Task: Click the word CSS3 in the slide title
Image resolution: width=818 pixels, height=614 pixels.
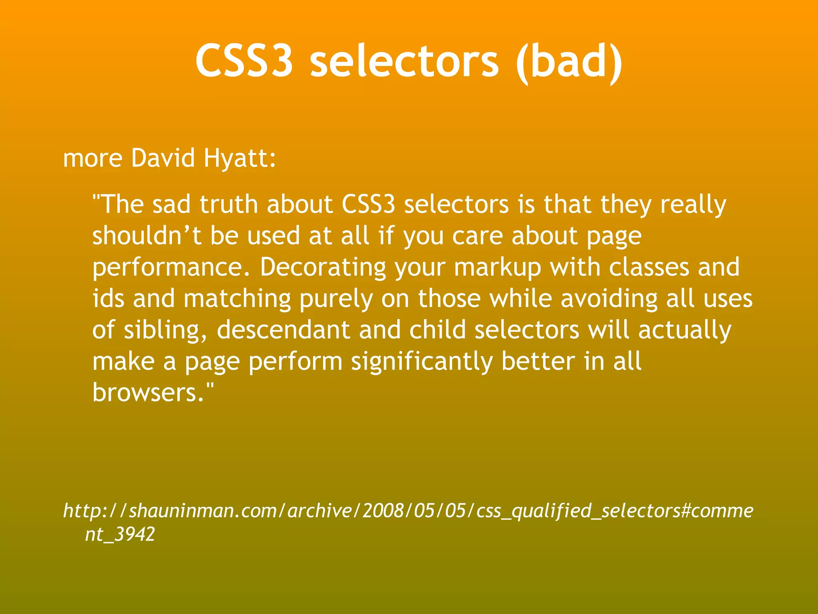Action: [x=244, y=61]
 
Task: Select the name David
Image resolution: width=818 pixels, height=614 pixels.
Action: [x=163, y=158]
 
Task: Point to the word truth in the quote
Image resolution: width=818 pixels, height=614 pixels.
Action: [x=228, y=204]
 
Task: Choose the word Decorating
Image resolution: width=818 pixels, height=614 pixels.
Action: [x=323, y=268]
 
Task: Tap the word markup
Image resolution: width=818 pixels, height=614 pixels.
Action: [x=498, y=268]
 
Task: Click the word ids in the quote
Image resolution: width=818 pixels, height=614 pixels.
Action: [x=108, y=299]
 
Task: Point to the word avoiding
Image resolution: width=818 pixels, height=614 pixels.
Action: [x=609, y=299]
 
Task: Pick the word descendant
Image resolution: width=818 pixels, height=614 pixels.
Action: [x=283, y=330]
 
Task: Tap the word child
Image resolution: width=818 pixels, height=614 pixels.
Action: [x=437, y=330]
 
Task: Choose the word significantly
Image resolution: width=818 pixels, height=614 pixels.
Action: [x=422, y=362]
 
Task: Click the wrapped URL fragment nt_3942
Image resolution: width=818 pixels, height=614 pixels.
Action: [x=120, y=534]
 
